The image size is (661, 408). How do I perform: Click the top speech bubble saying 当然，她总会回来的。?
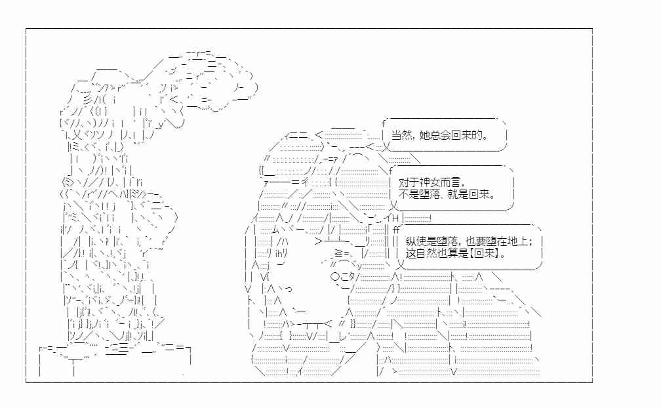[x=444, y=135]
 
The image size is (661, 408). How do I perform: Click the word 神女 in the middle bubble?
[x=429, y=182]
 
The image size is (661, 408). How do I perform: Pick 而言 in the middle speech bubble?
[x=450, y=182]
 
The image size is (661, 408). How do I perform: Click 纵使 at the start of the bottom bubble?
[x=416, y=241]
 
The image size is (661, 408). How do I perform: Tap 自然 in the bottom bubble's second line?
[x=426, y=253]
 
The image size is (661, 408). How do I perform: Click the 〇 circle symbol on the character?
[x=335, y=277]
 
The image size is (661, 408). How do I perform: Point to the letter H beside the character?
[x=395, y=218]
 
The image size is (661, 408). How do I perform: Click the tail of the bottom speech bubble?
[x=401, y=265]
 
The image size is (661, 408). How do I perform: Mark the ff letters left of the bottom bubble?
[x=396, y=230]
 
